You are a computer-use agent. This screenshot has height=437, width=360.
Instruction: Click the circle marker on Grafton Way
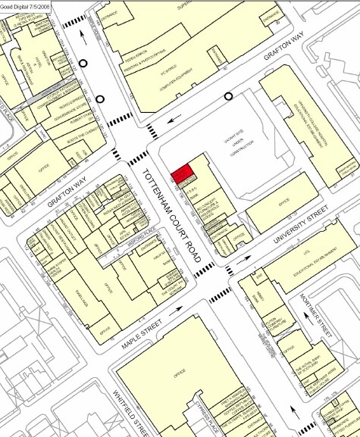click(x=229, y=96)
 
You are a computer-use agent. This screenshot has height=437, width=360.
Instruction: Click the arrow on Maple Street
click(x=181, y=308)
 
